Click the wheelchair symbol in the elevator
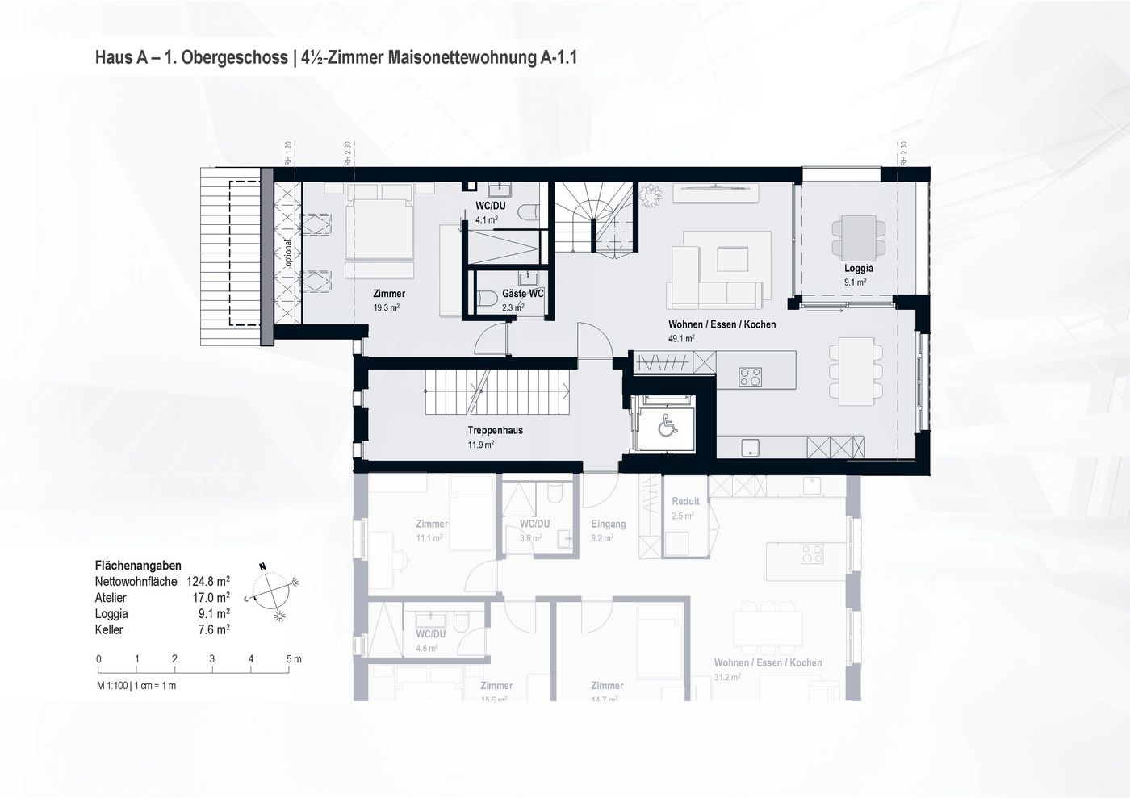pyautogui.click(x=667, y=425)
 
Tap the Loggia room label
pyautogui.click(x=858, y=269)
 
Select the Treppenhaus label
pyautogui.click(x=495, y=430)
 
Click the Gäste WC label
pyautogui.click(x=523, y=294)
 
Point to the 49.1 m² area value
pyautogui.click(x=681, y=339)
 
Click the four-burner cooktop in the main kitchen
pyautogui.click(x=751, y=376)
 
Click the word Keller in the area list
pyautogui.click(x=109, y=629)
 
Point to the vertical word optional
pyautogui.click(x=288, y=253)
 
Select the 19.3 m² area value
pyautogui.click(x=387, y=307)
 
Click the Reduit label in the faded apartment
pyautogui.click(x=685, y=501)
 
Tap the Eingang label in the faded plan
pyautogui.click(x=608, y=524)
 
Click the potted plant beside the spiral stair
pyautogui.click(x=650, y=194)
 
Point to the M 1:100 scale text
pyautogui.click(x=136, y=686)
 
